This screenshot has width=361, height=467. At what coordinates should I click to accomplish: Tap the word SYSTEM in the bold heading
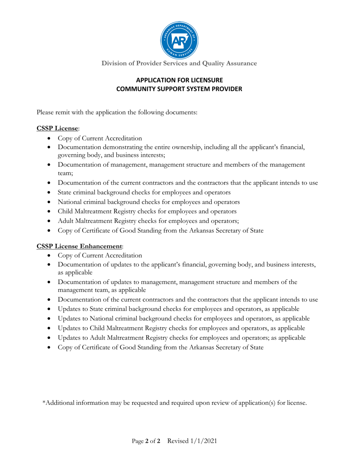click(x=199, y=89)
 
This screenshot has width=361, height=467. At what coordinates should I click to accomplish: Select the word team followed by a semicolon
click(x=65, y=173)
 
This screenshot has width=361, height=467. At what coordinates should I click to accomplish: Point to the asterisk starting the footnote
click(x=44, y=403)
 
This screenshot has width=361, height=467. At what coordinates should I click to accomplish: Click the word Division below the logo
click(x=114, y=63)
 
